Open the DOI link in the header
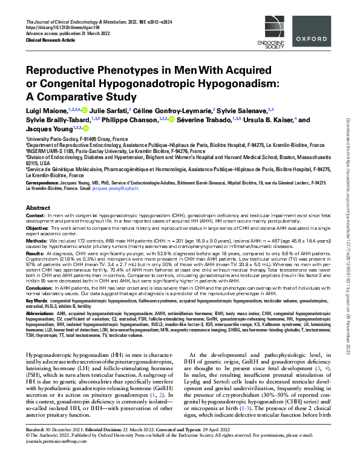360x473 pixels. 66,29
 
